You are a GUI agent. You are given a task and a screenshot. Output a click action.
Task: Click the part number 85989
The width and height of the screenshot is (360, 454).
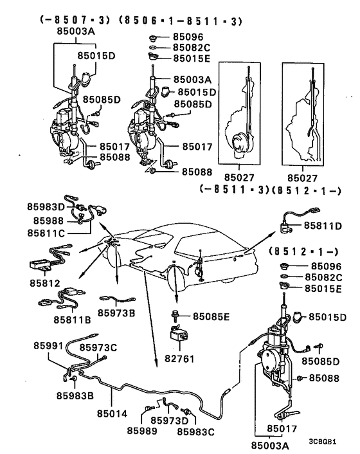[141, 431]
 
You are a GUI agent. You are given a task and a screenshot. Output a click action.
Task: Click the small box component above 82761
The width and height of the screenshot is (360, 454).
[180, 333]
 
